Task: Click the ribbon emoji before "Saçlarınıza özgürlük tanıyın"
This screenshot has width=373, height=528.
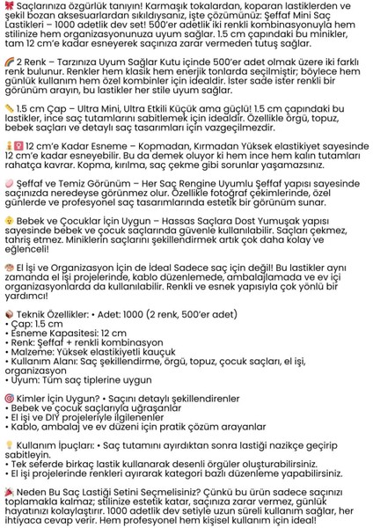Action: point(7,5)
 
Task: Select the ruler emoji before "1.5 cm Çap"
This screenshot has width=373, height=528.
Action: point(7,132)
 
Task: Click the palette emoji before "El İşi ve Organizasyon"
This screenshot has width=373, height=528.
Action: point(7,291)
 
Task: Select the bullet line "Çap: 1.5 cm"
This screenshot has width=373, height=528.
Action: point(37,348)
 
